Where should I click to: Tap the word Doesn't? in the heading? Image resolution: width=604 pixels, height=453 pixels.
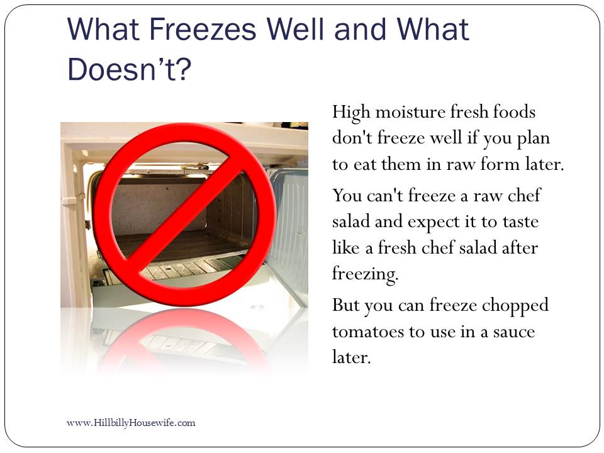pyautogui.click(x=130, y=69)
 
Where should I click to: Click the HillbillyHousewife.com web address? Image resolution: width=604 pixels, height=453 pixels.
pyautogui.click(x=131, y=423)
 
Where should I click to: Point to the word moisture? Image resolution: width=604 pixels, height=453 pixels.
pyautogui.click(x=411, y=112)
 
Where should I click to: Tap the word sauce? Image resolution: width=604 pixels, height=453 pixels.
pyautogui.click(x=513, y=332)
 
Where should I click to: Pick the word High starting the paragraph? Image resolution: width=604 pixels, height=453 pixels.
pyautogui.click(x=351, y=113)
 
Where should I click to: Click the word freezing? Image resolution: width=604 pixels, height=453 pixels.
pyautogui.click(x=365, y=274)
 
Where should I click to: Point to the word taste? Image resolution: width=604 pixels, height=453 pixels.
pyautogui.click(x=520, y=222)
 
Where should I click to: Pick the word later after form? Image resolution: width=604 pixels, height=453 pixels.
pyautogui.click(x=544, y=164)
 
